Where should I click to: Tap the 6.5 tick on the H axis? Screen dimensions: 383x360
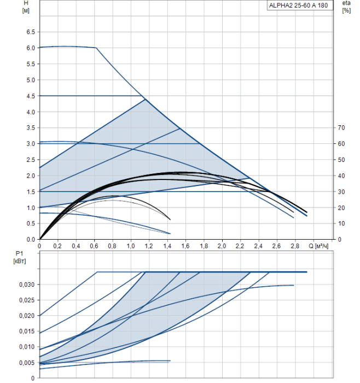[30, 32]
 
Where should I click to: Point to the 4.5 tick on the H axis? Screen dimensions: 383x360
[30, 96]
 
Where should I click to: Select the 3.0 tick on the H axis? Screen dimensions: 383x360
[30, 144]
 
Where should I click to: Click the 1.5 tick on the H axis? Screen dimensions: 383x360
[30, 192]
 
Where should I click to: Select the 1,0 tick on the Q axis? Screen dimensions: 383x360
[131, 247]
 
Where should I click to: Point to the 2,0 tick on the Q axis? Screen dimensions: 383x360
[222, 247]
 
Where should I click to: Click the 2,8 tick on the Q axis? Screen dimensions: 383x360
[294, 247]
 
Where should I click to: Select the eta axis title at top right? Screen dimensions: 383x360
[346, 3]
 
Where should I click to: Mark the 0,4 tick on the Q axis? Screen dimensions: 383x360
[76, 247]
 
